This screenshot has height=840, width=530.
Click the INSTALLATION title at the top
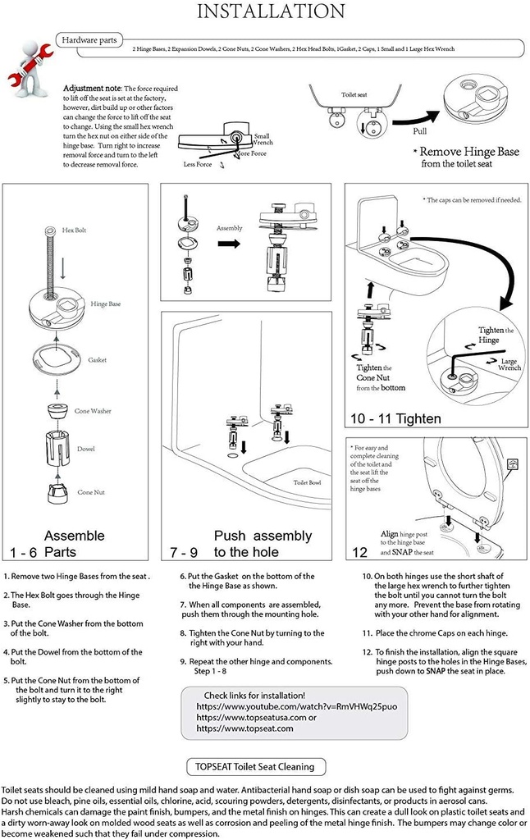(x=272, y=11)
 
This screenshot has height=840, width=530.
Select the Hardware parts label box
(x=91, y=39)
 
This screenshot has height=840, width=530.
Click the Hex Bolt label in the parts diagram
(x=74, y=231)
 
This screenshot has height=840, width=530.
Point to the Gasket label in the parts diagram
(x=98, y=360)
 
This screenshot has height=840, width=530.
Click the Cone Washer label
(x=93, y=411)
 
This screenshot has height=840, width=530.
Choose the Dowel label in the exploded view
(x=86, y=450)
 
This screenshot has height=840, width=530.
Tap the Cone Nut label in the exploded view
(x=90, y=492)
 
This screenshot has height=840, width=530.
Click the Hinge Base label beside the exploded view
(x=105, y=304)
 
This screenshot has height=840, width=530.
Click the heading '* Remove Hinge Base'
(x=465, y=152)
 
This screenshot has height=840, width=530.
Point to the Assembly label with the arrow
(x=230, y=228)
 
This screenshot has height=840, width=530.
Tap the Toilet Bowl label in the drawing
(x=308, y=482)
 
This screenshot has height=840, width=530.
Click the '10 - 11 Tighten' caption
(x=395, y=418)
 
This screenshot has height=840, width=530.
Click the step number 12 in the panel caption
(x=359, y=552)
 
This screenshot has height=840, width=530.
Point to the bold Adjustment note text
(x=93, y=89)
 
